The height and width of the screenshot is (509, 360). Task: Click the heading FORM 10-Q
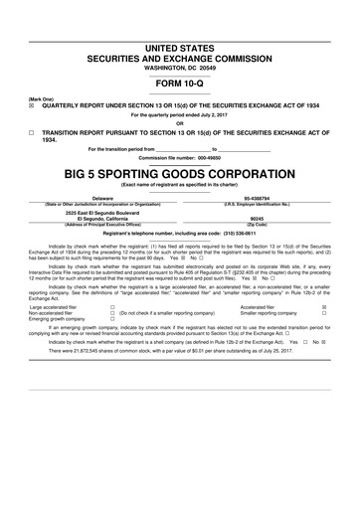(x=180, y=84)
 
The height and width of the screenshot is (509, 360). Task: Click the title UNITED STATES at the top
(x=180, y=48)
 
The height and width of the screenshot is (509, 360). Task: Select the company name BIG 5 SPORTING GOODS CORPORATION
(x=180, y=172)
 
